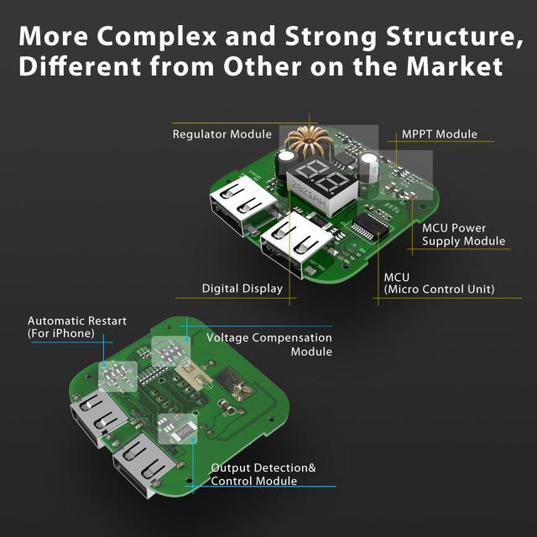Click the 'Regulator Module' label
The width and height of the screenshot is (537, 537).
tap(222, 134)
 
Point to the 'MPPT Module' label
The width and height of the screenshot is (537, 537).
tap(439, 134)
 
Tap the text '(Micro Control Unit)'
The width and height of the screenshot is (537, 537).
tap(439, 289)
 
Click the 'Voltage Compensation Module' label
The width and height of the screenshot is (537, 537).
tap(269, 345)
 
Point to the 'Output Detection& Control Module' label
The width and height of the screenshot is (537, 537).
tap(263, 474)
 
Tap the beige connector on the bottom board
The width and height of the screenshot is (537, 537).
tap(190, 377)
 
